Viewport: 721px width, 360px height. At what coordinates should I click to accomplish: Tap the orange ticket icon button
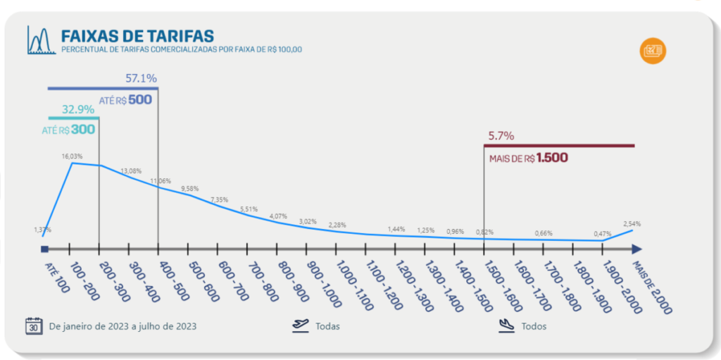653,51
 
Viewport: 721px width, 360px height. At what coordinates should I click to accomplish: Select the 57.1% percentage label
141,78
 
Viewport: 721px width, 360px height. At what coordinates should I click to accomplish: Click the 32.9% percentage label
78,110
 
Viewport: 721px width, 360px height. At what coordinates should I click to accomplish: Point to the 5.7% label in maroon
501,136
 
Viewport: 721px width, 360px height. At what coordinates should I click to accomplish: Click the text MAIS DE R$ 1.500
529,158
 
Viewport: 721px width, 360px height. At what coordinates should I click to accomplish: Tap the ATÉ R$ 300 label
68,130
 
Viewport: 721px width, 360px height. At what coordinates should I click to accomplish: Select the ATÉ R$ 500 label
125,100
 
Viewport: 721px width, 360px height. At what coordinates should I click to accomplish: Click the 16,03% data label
73,156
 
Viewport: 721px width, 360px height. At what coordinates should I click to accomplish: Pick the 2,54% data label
632,224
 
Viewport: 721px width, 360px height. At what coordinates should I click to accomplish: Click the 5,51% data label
249,209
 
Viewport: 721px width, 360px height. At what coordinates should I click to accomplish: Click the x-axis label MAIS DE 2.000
652,287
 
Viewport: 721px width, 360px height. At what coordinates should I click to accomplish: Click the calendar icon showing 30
34,326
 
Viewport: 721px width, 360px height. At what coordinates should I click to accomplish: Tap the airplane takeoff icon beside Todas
300,326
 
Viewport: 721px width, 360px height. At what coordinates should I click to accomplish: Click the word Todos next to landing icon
534,326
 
